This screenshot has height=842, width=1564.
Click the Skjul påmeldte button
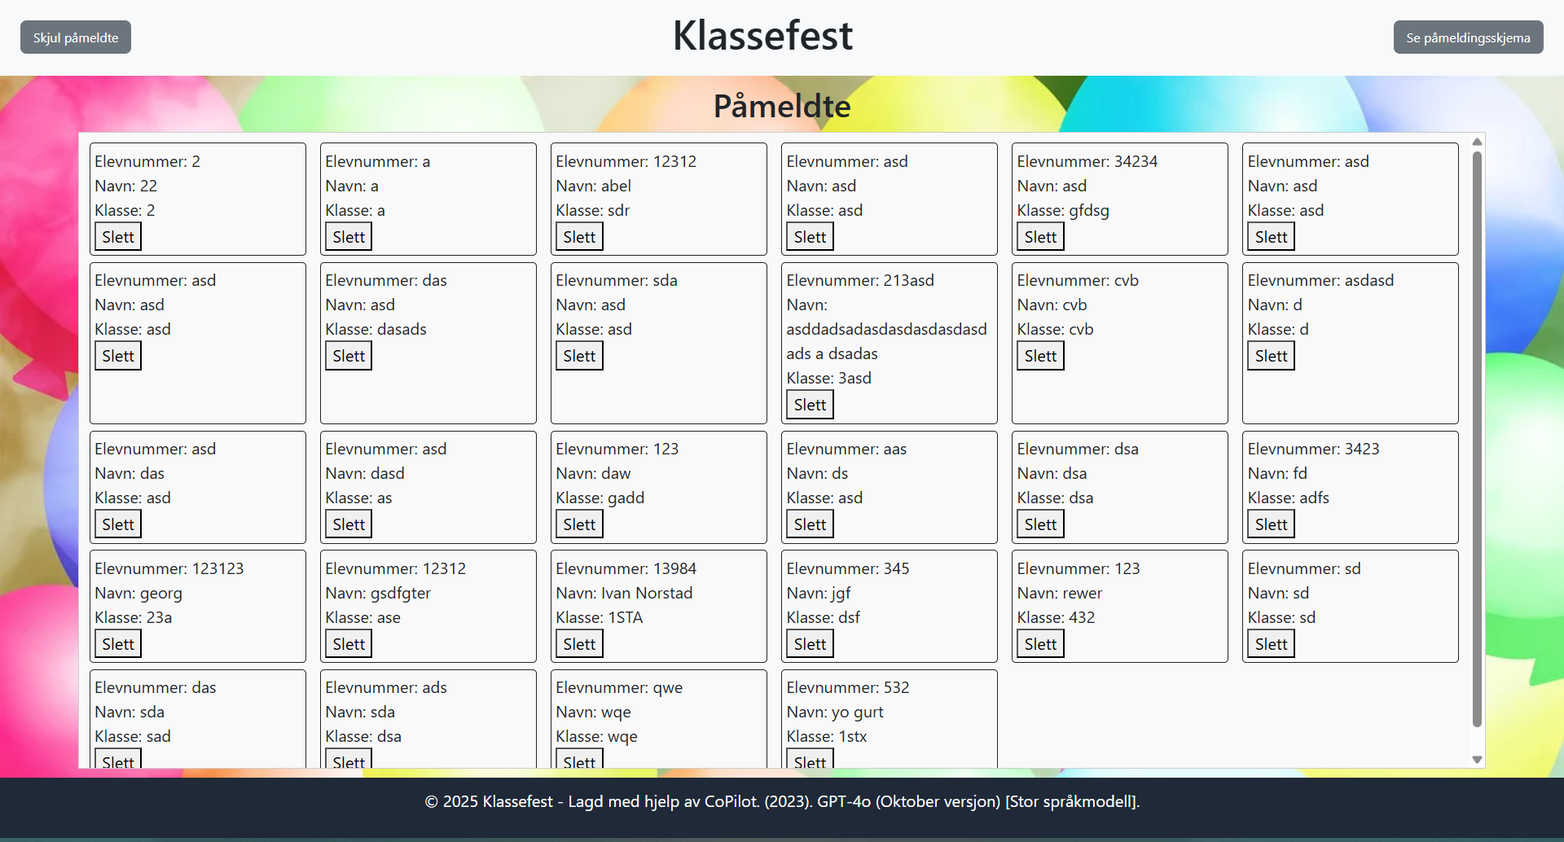coord(76,37)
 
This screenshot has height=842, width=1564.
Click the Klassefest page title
coord(762,36)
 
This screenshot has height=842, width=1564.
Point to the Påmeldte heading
coord(782,106)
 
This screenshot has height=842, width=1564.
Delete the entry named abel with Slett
coord(579,237)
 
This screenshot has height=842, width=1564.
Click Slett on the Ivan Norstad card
coord(579,644)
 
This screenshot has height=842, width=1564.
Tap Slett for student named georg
coord(118,644)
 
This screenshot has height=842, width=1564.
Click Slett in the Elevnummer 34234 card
coord(1040,237)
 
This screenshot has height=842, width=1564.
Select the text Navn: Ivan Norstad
coord(624,593)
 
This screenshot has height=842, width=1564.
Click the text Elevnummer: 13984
coord(626,568)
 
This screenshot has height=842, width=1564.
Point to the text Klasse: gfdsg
coord(1063,210)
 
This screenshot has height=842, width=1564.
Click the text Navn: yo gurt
coord(835,712)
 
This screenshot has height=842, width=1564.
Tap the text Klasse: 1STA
coord(599,617)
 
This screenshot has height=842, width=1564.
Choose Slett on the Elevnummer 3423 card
coord(1271,524)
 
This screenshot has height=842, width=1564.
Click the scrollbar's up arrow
coord(1477,143)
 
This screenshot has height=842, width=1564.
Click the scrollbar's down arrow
coord(1477,759)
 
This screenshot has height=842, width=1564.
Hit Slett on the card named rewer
coord(1040,644)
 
